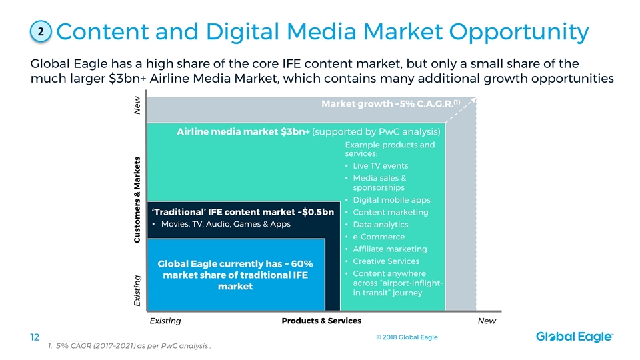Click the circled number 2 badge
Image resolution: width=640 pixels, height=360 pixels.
41,31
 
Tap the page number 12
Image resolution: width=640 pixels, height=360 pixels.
35,337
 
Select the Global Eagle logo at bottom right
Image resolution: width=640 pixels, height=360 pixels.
574,337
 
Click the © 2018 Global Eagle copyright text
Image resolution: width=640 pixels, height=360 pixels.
407,337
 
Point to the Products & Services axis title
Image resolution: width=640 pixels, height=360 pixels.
321,321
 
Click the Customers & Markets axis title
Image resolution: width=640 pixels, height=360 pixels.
137,199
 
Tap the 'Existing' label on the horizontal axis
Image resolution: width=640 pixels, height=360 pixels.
165,321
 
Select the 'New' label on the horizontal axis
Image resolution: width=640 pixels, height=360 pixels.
487,321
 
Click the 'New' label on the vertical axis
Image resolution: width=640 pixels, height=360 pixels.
137,105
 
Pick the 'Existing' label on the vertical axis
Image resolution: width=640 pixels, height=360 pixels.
137,291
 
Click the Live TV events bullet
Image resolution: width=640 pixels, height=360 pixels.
381,166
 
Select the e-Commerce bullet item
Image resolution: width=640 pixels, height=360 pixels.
379,237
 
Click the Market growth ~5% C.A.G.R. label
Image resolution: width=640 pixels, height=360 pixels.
391,104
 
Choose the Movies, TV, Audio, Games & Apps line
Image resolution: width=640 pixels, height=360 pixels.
226,224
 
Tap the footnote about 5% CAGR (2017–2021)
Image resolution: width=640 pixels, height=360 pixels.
129,346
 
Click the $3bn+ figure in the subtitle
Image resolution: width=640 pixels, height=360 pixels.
127,78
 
